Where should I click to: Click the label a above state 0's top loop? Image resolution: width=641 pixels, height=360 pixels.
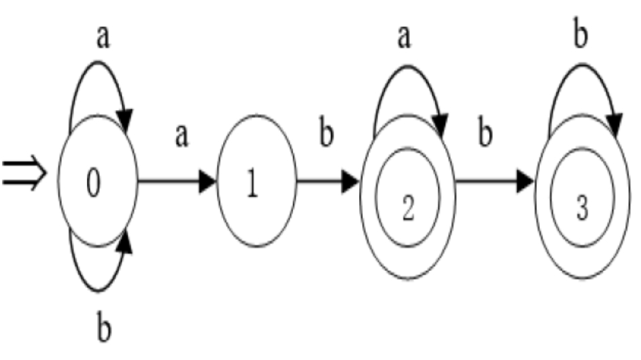click(103, 38)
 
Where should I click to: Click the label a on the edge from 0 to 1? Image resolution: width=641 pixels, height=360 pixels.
click(181, 135)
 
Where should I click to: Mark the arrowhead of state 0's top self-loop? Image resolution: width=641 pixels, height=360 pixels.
click(126, 122)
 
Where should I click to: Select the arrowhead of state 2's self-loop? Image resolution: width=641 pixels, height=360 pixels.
click(440, 124)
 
